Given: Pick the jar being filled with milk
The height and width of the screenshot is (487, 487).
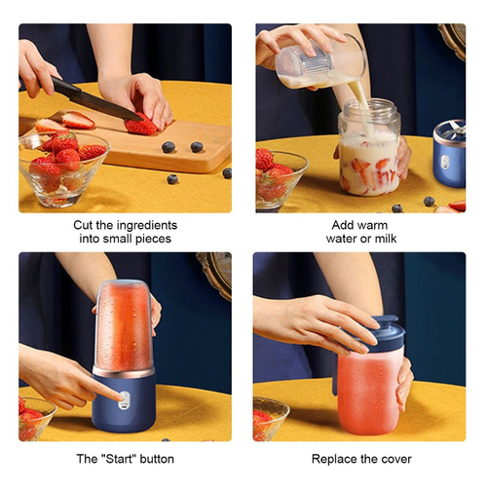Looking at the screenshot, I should (x=369, y=151).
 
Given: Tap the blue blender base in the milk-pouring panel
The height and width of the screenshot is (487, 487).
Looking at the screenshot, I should (x=448, y=153).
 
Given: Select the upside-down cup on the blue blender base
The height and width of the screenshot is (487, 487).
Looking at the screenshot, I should (x=124, y=326).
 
